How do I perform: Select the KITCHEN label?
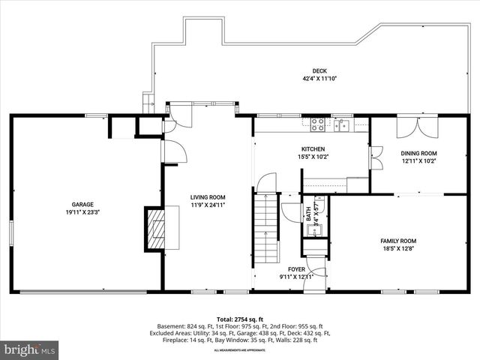click(312, 149)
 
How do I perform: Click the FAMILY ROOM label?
click(398, 240)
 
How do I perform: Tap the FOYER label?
click(298, 268)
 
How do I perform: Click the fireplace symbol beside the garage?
click(156, 229)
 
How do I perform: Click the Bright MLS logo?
click(30, 349)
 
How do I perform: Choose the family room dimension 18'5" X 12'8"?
click(398, 247)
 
